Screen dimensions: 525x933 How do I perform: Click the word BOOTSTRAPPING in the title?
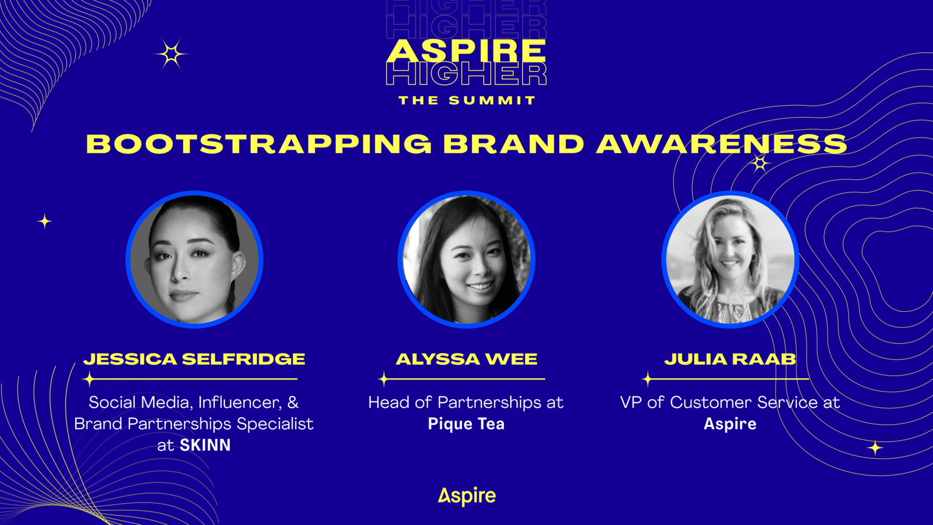259,144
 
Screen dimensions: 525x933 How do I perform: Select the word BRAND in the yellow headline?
513,144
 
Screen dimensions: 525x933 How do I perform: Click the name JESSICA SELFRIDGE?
194,359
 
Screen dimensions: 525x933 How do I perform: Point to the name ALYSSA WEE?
466,359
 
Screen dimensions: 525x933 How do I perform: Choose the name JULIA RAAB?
730,359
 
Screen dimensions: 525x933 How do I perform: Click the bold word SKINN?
205,445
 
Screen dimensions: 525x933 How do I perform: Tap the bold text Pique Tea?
466,424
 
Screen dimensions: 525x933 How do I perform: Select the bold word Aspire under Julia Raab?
730,424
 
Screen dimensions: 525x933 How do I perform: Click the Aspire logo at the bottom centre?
466,496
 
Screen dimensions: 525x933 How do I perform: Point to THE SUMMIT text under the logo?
466,100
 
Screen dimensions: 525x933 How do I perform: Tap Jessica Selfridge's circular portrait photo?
194,259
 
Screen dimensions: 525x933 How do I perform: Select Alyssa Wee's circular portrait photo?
466,259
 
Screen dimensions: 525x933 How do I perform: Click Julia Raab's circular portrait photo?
730,259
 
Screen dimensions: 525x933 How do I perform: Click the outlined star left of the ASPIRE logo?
171,54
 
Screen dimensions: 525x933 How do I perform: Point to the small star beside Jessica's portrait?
45,221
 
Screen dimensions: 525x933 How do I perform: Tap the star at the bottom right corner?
875,448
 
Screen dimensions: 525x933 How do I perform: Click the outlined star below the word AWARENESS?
760,163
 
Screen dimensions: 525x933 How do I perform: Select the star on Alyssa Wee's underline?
383,379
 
